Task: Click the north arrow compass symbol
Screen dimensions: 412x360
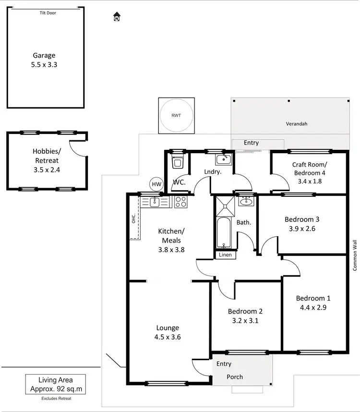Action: point(116,18)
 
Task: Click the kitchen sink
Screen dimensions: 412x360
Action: point(155,202)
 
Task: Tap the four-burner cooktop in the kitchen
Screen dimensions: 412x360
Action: point(180,202)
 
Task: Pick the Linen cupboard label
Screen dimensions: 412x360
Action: point(225,255)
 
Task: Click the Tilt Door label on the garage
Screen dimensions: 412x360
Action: point(48,13)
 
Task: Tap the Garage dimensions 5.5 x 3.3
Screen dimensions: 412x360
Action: point(44,64)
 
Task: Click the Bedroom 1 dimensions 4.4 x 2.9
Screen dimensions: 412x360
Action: point(313,308)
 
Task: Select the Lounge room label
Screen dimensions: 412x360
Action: point(168,328)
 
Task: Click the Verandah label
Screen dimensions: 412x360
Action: point(295,124)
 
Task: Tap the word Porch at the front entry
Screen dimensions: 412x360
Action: point(235,377)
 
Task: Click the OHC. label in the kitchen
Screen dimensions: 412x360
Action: point(134,218)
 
